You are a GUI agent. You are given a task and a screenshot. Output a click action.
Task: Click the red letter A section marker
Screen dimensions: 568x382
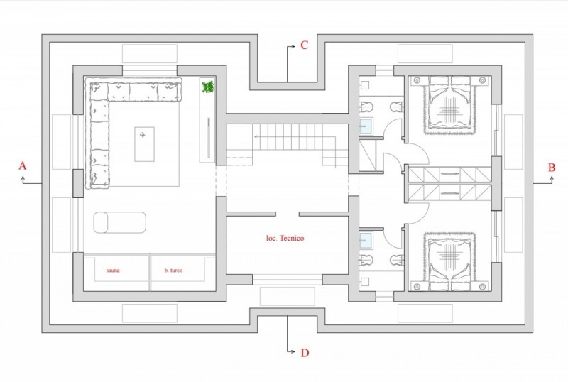23,165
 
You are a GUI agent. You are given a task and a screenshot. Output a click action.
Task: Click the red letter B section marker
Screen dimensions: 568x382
552,168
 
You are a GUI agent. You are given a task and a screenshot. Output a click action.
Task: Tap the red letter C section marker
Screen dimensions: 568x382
305,45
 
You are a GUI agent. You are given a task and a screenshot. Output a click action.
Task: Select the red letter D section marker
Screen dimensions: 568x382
305,353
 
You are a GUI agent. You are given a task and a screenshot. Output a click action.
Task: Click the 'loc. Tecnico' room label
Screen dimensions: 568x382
285,238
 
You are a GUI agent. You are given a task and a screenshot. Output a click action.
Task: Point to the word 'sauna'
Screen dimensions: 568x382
113,271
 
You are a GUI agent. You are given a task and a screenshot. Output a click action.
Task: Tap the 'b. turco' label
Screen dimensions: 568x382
173,271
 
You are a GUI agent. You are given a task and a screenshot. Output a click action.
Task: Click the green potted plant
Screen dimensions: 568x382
207,87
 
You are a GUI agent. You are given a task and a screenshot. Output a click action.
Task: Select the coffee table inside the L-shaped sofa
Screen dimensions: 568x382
145,144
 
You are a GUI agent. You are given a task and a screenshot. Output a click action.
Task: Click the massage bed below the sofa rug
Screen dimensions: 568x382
120,222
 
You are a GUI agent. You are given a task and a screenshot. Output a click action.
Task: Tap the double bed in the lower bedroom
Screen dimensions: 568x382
449,262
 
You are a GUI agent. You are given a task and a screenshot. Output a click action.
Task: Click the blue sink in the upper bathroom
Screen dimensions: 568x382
366,126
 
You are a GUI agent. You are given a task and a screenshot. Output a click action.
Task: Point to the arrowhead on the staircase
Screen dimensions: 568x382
256,136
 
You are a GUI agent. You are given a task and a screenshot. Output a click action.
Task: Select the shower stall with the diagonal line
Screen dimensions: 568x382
367,155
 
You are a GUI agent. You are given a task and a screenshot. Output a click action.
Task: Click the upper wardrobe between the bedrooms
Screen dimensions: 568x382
449,175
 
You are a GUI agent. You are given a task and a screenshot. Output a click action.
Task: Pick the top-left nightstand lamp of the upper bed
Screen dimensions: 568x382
417,80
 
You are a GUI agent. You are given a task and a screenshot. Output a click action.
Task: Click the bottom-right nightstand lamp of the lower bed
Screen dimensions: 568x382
482,287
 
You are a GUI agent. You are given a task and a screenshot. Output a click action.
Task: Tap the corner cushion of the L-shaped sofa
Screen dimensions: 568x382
99,92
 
